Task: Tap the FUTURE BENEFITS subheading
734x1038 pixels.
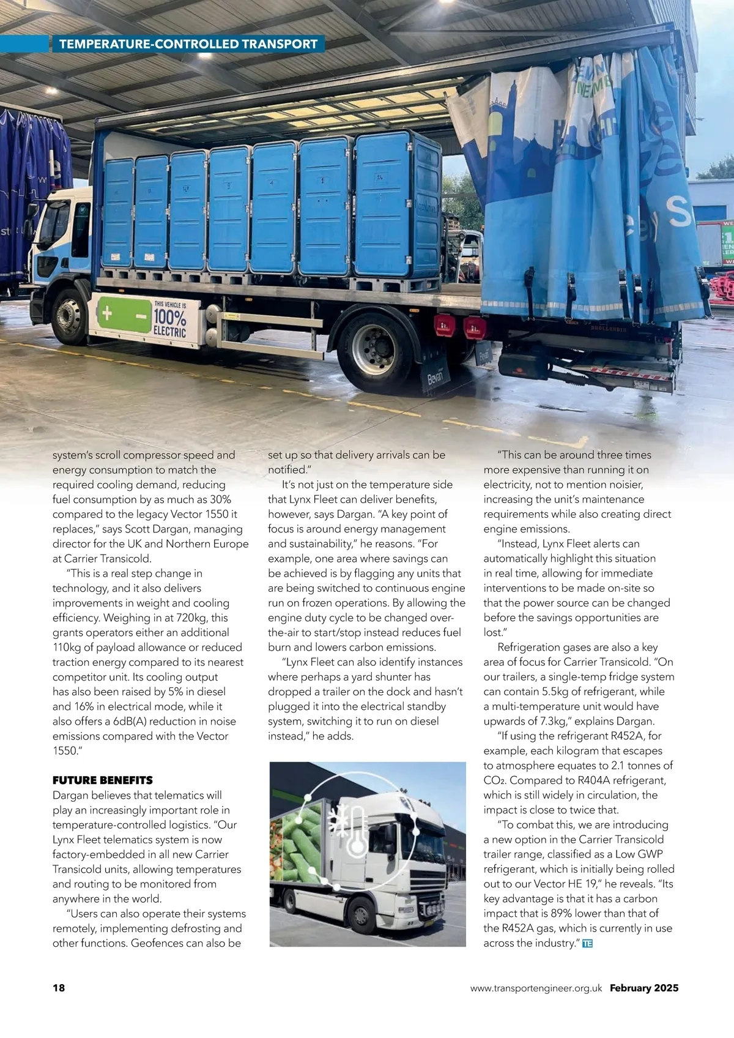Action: [103, 780]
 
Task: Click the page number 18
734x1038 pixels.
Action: [59, 988]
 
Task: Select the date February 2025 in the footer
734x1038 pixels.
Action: [644, 988]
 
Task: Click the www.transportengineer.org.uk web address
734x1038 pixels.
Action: [536, 988]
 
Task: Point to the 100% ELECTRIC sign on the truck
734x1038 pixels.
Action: [169, 319]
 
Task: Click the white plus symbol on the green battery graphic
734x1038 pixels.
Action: [107, 313]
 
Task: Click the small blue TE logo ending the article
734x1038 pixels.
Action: [587, 944]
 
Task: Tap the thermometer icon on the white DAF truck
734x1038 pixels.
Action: [357, 830]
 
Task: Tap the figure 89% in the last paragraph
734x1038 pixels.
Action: [580, 914]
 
